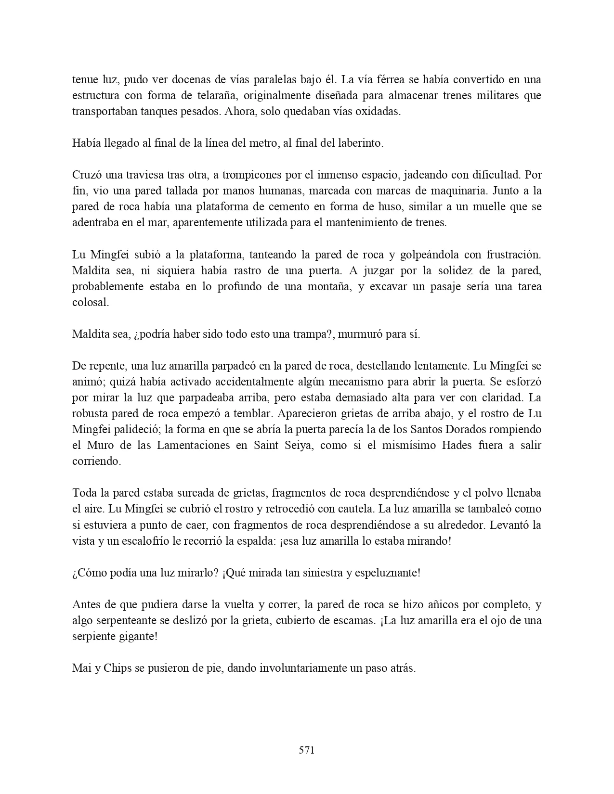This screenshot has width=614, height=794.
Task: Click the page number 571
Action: (306, 750)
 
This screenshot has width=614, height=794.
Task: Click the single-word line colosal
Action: (91, 302)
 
